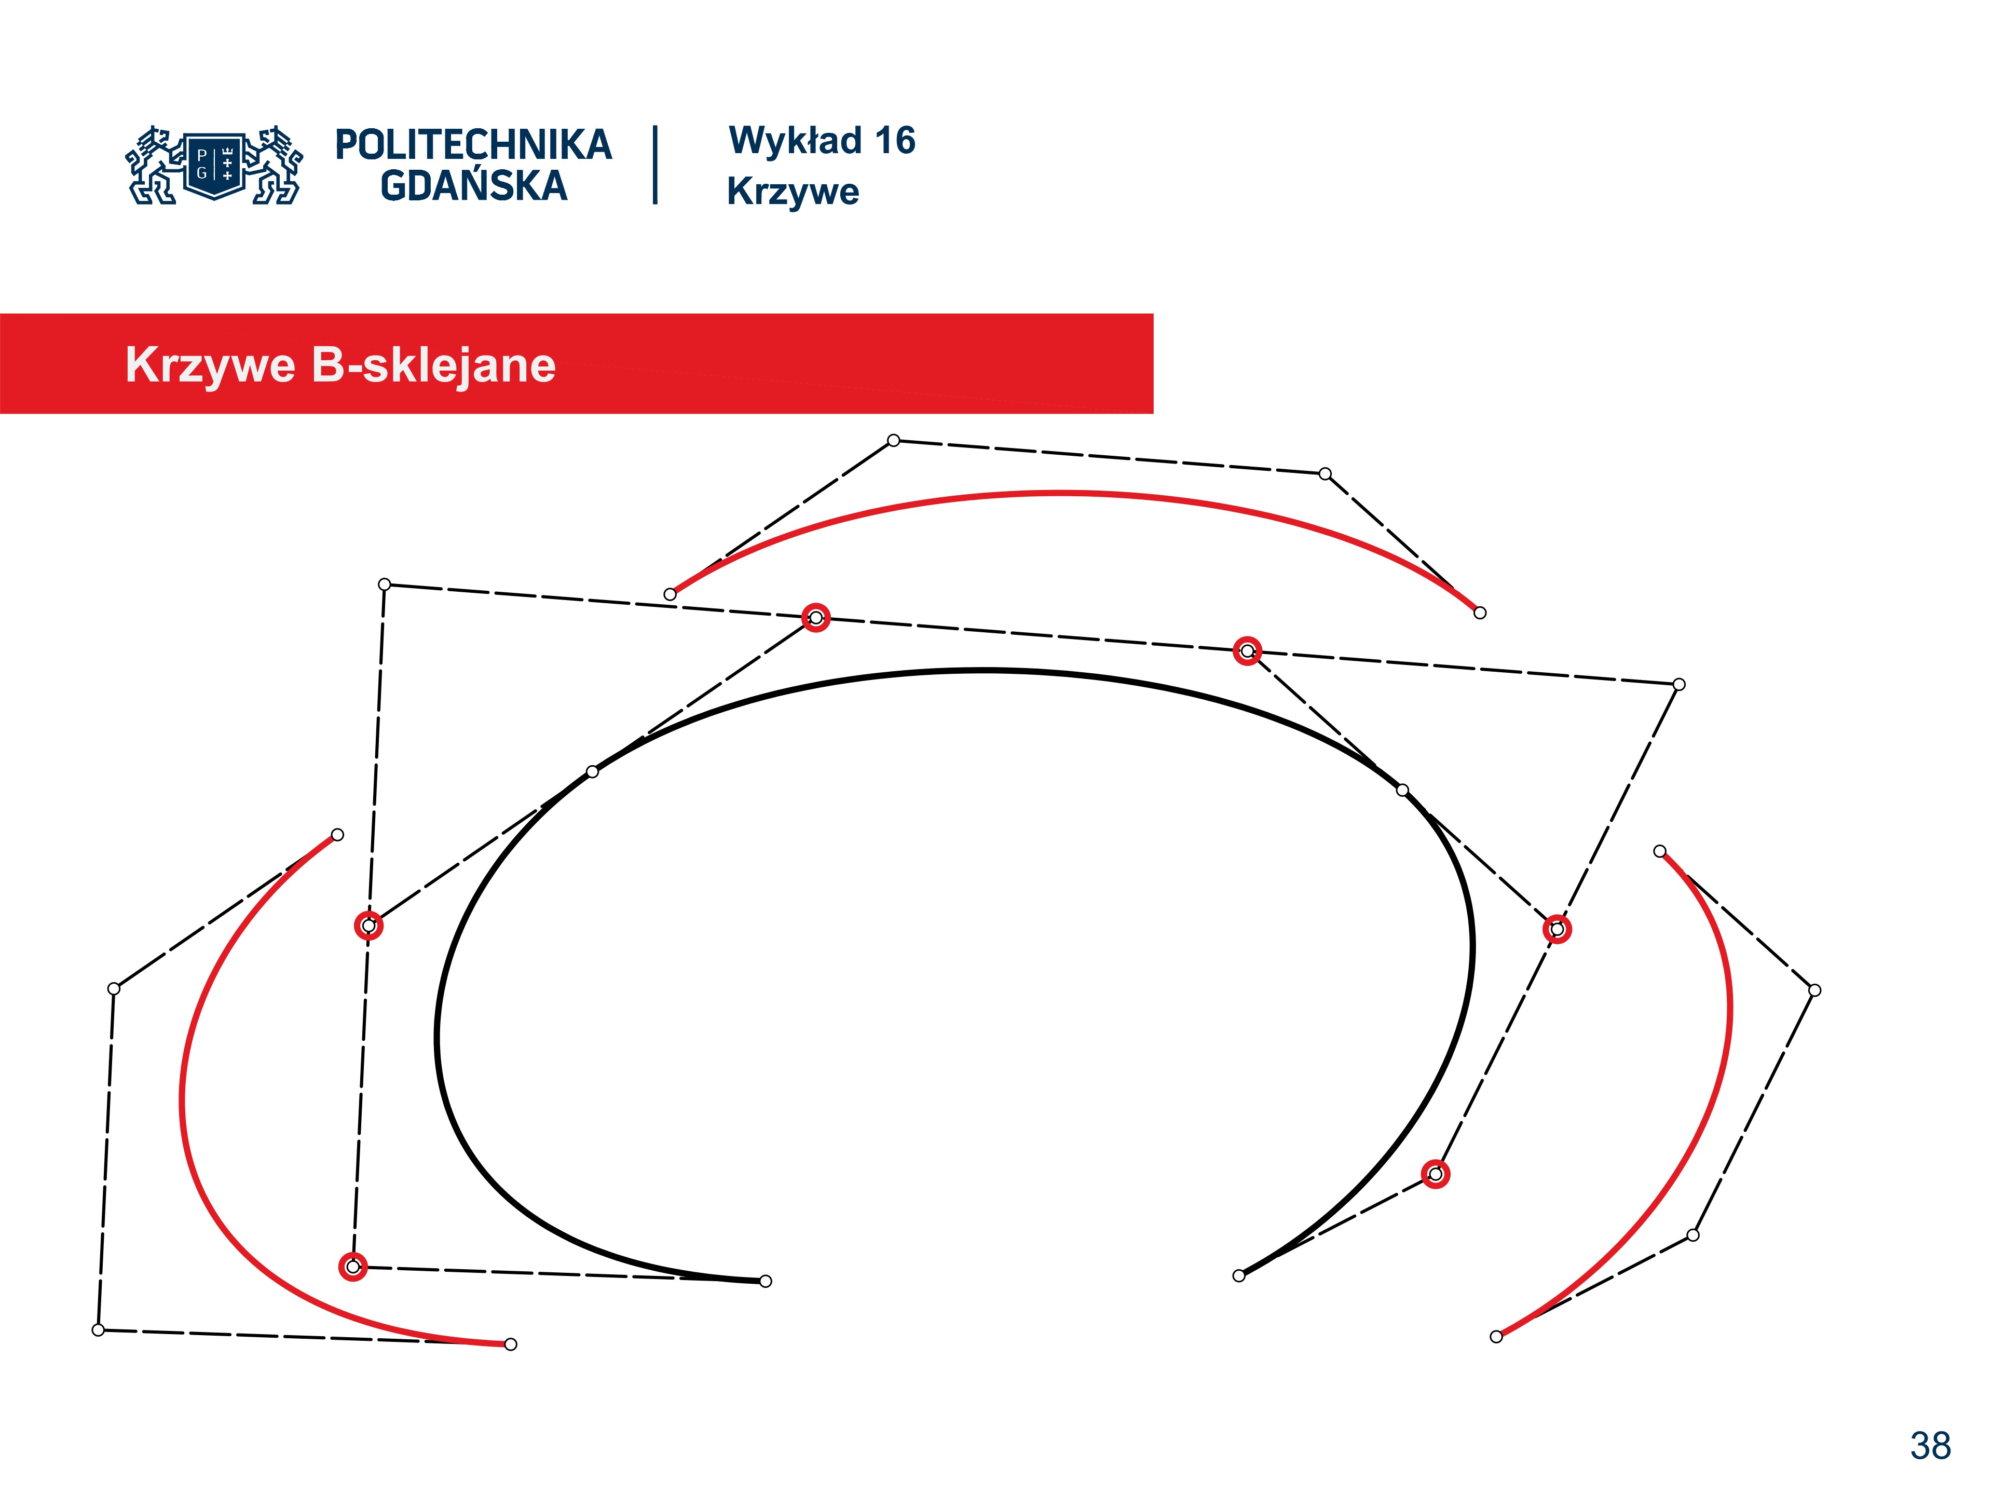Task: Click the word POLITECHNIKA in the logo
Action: (x=473, y=145)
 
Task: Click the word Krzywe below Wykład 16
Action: (x=793, y=192)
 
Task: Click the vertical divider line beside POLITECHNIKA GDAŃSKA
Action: (x=655, y=165)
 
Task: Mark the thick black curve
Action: (x=987, y=671)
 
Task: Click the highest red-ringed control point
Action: (x=815, y=617)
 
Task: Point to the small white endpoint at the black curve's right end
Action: (x=1239, y=1275)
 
